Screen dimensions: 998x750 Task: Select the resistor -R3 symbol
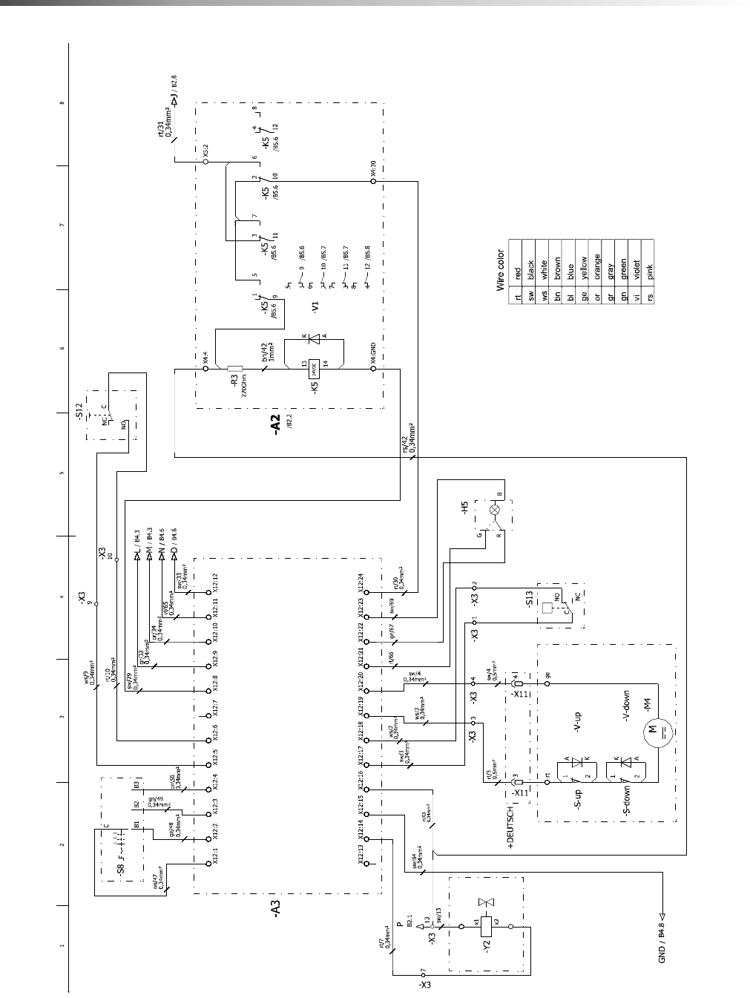234,368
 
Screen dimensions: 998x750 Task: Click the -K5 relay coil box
314,367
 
